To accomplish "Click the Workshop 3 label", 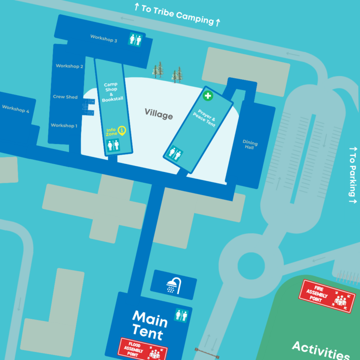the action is point(104,38).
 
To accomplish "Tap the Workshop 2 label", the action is point(69,66).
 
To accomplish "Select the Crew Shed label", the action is point(65,97).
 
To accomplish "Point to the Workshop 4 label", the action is point(15,109).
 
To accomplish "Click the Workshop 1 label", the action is point(64,126).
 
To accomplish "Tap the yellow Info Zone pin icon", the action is point(122,131).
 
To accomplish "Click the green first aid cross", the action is point(208,96).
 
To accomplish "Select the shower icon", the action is point(173,285).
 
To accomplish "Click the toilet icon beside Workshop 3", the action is point(135,40).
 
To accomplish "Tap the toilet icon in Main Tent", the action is point(181,315).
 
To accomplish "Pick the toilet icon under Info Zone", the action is point(113,145).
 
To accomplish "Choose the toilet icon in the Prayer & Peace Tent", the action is point(174,154).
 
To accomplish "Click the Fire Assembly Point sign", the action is point(327,296).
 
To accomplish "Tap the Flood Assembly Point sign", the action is point(142,349).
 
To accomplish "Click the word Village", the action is point(158,114).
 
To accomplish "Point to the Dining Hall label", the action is point(250,145).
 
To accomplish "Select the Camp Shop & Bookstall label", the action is point(112,92).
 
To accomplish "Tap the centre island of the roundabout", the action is point(251,266).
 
